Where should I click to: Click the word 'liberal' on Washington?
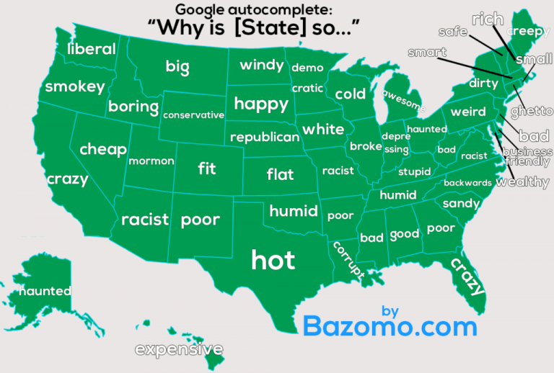click(x=91, y=49)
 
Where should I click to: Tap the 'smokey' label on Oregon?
click(x=74, y=86)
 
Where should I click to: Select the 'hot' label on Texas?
click(x=273, y=259)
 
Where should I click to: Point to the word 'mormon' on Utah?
click(x=151, y=161)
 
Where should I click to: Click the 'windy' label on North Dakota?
click(x=261, y=65)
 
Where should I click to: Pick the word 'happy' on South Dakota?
click(x=261, y=104)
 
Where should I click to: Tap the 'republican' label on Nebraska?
click(x=264, y=137)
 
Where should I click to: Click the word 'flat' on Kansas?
click(x=280, y=174)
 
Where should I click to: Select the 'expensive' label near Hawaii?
click(x=179, y=350)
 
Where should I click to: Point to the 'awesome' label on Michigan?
click(x=403, y=99)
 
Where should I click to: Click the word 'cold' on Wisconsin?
click(x=350, y=94)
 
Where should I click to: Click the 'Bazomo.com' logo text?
click(x=390, y=325)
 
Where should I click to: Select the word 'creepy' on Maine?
click(x=529, y=31)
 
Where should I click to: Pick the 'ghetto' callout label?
click(x=531, y=112)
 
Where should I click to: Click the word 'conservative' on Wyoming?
click(x=193, y=115)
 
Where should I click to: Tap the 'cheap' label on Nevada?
click(x=102, y=149)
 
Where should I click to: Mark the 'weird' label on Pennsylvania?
click(x=467, y=112)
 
